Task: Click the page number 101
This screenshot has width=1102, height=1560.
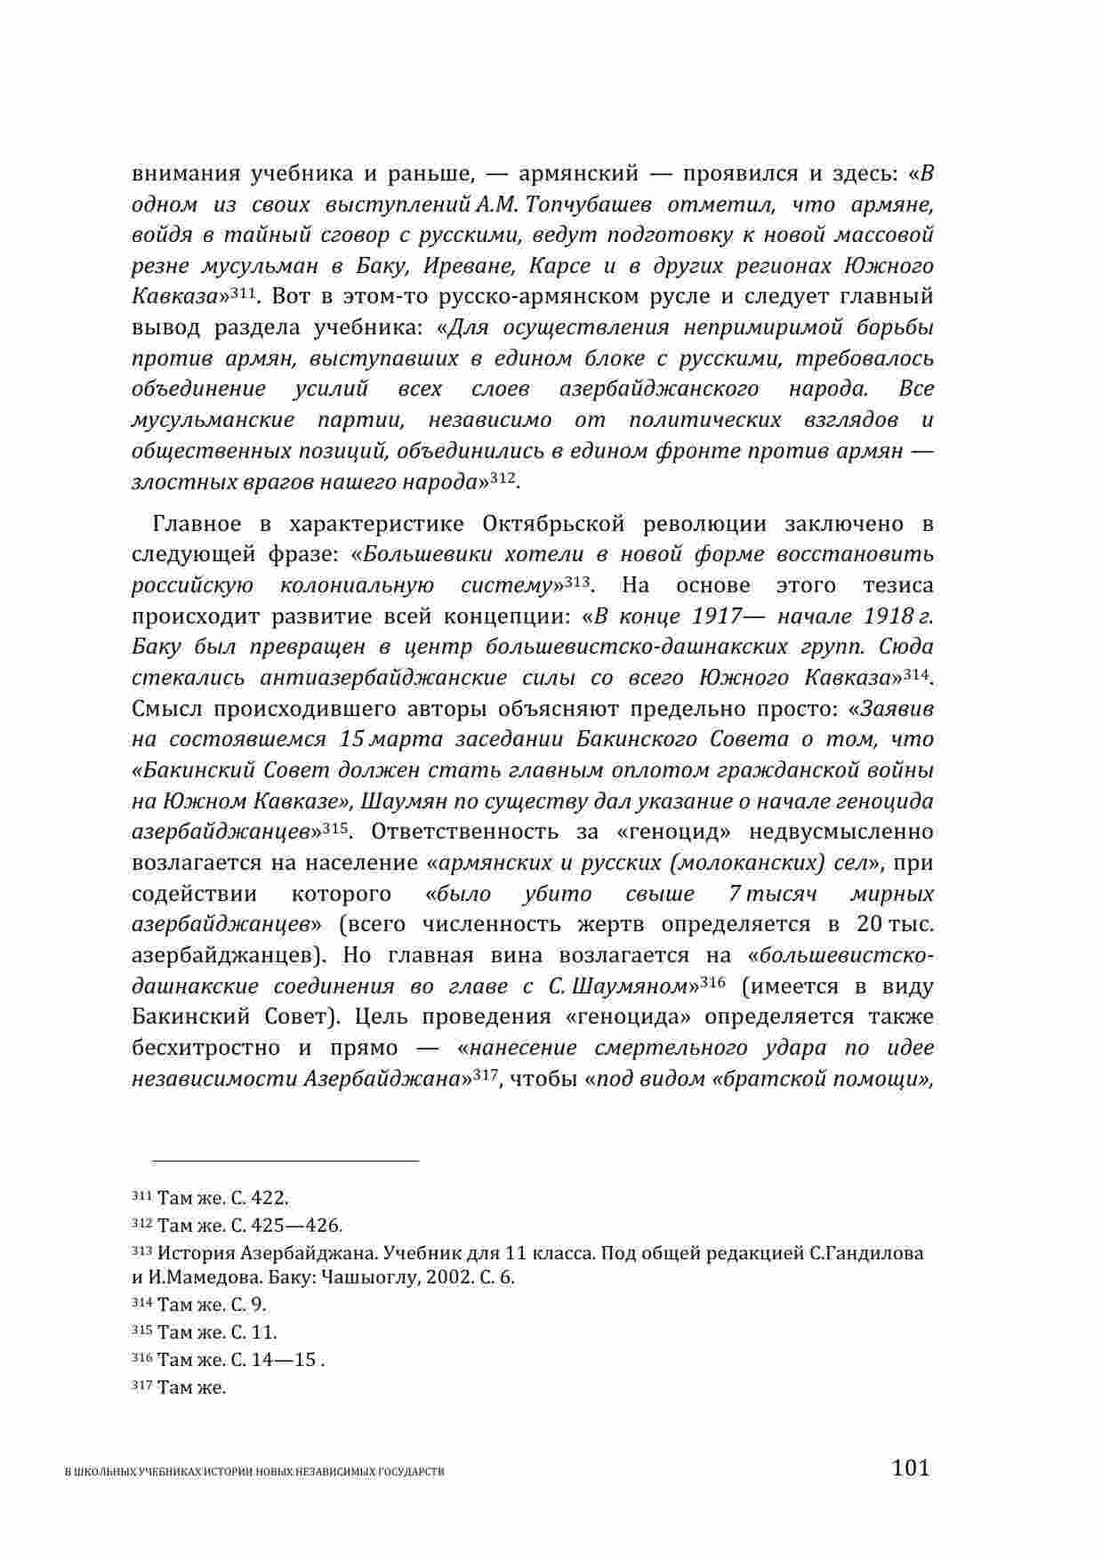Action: coord(910,1467)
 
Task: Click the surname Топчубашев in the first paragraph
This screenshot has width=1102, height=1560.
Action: coord(590,205)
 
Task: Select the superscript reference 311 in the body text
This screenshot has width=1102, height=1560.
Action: coord(242,294)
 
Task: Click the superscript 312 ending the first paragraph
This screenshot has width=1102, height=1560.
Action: coord(503,478)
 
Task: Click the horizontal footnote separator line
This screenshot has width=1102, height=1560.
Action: coord(285,1161)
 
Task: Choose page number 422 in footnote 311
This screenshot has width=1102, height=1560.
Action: coord(271,1198)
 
